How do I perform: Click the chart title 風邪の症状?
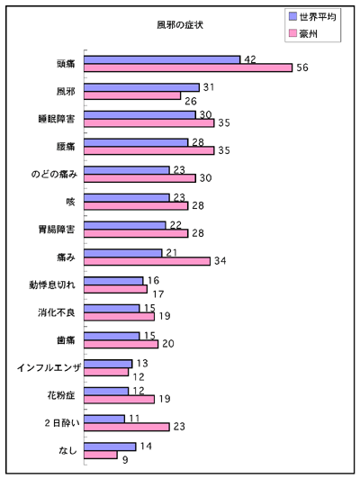(x=180, y=24)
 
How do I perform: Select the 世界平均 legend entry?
(x=312, y=17)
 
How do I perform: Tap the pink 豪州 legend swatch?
(x=292, y=33)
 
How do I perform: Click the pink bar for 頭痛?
(x=188, y=68)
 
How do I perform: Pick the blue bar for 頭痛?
(x=162, y=59)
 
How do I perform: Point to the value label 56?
(x=302, y=68)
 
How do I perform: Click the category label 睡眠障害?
(x=57, y=119)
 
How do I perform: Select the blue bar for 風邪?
(x=141, y=87)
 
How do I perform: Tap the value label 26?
(x=191, y=101)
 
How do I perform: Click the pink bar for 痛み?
(x=148, y=261)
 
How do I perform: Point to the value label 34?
(x=220, y=261)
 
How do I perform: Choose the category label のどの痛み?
(x=54, y=174)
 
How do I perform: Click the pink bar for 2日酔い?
(x=127, y=427)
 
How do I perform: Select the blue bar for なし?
(x=110, y=447)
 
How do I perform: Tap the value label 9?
(x=125, y=460)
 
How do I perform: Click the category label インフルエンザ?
(x=49, y=367)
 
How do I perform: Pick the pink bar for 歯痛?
(x=121, y=344)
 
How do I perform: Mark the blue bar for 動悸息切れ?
(x=113, y=281)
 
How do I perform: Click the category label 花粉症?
(x=61, y=395)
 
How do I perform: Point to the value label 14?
(x=146, y=447)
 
